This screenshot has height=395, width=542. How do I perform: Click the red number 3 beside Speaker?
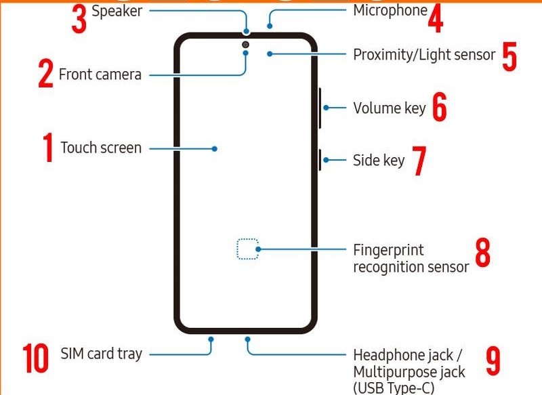tap(79, 20)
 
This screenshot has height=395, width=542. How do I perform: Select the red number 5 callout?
tap(509, 58)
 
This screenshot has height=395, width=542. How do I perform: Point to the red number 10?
tap(36, 358)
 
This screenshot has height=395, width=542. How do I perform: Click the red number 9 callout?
tap(493, 362)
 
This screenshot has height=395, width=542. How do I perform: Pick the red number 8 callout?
tap(482, 253)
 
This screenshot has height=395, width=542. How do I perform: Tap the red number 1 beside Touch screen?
tap(48, 148)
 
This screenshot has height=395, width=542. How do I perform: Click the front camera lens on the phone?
tap(245, 45)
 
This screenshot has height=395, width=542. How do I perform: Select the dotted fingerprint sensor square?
tap(248, 249)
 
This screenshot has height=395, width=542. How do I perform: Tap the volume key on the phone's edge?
tap(319, 108)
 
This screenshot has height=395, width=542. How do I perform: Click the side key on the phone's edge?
tap(318, 161)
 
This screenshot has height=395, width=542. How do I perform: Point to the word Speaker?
tap(117, 11)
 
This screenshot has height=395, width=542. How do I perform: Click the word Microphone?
tap(390, 10)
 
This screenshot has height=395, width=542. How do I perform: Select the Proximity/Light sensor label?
tap(424, 54)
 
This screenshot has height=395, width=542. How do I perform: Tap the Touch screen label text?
tap(101, 148)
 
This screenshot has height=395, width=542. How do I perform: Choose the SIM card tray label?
tap(102, 354)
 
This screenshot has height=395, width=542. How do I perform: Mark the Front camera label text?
tap(100, 74)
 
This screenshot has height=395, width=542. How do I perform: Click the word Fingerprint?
tap(388, 250)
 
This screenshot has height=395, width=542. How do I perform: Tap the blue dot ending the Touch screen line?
tap(215, 148)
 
